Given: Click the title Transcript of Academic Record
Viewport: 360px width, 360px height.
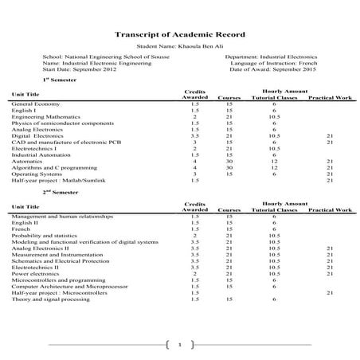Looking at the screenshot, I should coord(180,35).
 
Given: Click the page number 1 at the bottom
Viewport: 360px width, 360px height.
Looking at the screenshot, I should coord(181,345).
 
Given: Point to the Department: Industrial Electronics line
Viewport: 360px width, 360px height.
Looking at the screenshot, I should coord(271,57).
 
